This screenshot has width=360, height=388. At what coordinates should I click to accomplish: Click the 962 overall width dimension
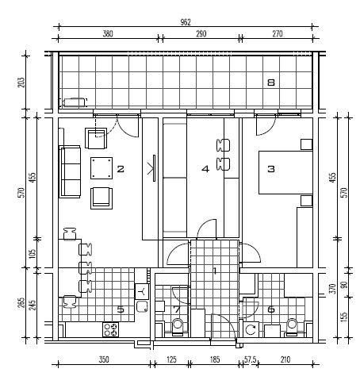click(186, 22)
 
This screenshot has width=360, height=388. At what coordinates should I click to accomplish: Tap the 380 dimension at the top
click(108, 34)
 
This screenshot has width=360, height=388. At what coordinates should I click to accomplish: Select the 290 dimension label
click(201, 34)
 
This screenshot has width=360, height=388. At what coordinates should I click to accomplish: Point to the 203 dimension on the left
click(21, 83)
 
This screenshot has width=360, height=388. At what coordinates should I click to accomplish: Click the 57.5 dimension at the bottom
click(250, 359)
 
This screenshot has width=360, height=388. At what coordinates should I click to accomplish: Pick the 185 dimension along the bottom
click(215, 359)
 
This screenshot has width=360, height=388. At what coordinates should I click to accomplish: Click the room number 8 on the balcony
click(271, 83)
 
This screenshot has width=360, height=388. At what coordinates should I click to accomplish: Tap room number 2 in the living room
click(121, 169)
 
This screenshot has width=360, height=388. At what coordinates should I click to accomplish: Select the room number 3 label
click(271, 169)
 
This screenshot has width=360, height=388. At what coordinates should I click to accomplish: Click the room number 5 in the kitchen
click(121, 309)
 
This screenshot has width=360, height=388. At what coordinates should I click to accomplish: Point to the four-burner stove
click(110, 329)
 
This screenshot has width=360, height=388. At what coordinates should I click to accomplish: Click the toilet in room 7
click(178, 326)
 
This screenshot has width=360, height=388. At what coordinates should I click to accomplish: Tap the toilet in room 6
click(292, 327)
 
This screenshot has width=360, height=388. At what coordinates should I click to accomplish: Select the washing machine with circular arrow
click(251, 329)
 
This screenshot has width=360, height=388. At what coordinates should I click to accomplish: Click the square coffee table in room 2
click(101, 168)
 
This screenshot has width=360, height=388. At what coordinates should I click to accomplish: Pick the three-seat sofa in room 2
click(70, 172)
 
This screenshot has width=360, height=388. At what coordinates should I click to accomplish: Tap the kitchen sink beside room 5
click(143, 306)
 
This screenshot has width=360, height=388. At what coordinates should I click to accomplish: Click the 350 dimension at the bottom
click(104, 359)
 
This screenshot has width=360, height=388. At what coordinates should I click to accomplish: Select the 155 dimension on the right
click(344, 317)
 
